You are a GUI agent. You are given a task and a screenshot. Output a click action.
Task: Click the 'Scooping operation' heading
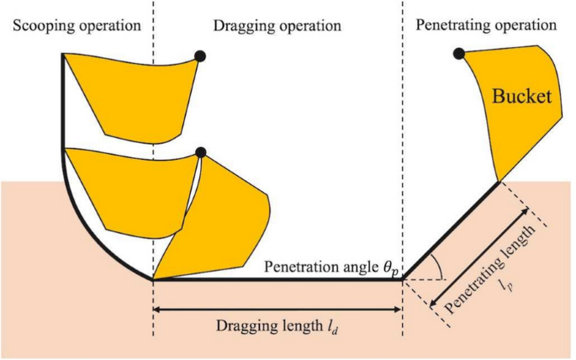point(76,25)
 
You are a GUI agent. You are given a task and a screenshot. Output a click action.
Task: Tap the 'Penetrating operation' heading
point(485,24)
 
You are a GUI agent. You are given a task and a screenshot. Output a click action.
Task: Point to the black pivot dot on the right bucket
point(458,54)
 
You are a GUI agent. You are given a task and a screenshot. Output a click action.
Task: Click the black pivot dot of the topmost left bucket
point(200,56)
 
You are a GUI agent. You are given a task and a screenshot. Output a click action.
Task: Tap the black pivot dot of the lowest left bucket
point(200,152)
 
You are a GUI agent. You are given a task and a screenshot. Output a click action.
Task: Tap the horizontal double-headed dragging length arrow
point(277,310)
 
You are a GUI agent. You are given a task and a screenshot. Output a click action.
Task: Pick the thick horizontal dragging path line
point(277,279)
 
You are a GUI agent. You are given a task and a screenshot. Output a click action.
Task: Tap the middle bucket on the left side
point(126,185)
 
